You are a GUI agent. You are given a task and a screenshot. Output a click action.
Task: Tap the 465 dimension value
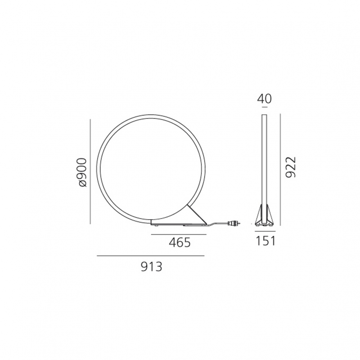point(180,243)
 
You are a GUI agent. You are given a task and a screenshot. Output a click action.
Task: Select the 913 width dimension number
point(152,267)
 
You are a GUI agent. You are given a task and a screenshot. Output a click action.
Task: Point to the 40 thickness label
point(264,99)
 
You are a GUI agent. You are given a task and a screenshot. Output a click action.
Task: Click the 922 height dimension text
point(291,167)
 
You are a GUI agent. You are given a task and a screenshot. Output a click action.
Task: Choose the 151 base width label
point(265,241)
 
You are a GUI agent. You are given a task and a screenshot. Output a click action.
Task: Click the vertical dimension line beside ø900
point(90,171)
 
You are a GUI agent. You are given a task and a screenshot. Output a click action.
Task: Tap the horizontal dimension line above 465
point(179,234)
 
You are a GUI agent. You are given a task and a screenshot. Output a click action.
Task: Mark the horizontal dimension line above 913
point(151,256)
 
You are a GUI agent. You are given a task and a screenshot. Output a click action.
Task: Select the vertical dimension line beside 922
point(280,169)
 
